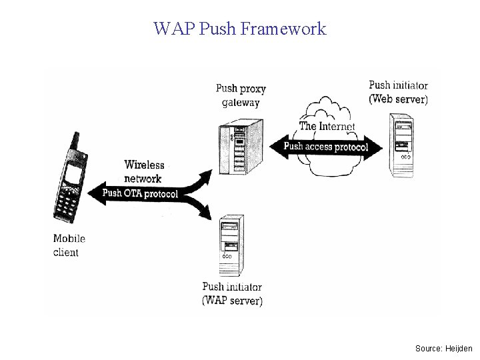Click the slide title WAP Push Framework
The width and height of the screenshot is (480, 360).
pos(239,29)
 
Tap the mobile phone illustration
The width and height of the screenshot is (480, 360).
pos(71,183)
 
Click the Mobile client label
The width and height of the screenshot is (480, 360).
pos(69,245)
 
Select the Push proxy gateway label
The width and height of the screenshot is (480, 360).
pos(241,95)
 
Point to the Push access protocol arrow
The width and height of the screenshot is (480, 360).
pos(326,147)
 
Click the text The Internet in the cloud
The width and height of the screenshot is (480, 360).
pos(327,125)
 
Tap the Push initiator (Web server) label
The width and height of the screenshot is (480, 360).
pos(398,92)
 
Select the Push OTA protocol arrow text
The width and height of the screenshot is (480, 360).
pos(140,194)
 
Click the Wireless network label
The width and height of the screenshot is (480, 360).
pos(143,171)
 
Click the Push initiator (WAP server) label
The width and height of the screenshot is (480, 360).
pos(232,294)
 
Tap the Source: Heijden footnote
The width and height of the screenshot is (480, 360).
pos(443,348)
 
